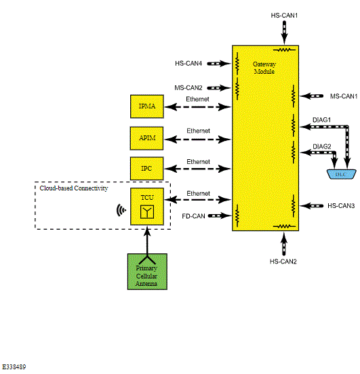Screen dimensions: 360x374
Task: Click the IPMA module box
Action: (147, 106)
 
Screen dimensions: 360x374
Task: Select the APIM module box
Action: (147, 138)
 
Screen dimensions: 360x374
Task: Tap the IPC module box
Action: (147, 169)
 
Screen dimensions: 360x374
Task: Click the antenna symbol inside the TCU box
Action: (147, 211)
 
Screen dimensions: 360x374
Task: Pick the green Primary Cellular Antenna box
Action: (147, 272)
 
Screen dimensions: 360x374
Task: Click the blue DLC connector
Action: (342, 174)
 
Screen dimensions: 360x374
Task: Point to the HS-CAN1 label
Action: (284, 16)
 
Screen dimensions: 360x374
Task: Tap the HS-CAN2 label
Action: (283, 262)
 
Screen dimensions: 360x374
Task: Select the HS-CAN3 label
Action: (341, 205)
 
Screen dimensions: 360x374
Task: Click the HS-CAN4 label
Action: (188, 64)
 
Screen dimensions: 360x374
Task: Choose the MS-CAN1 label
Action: (344, 96)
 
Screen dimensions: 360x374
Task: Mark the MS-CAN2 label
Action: (188, 88)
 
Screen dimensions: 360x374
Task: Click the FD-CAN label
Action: (193, 216)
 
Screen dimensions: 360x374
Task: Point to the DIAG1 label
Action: (321, 120)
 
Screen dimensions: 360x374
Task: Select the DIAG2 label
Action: (322, 146)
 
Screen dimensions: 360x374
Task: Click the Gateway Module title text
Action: (264, 68)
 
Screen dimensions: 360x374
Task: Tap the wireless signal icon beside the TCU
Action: (121, 210)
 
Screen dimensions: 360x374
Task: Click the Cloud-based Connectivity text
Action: (74, 188)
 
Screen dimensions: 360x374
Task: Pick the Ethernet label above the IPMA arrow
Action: (198, 99)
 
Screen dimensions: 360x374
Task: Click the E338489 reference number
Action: (14, 367)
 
